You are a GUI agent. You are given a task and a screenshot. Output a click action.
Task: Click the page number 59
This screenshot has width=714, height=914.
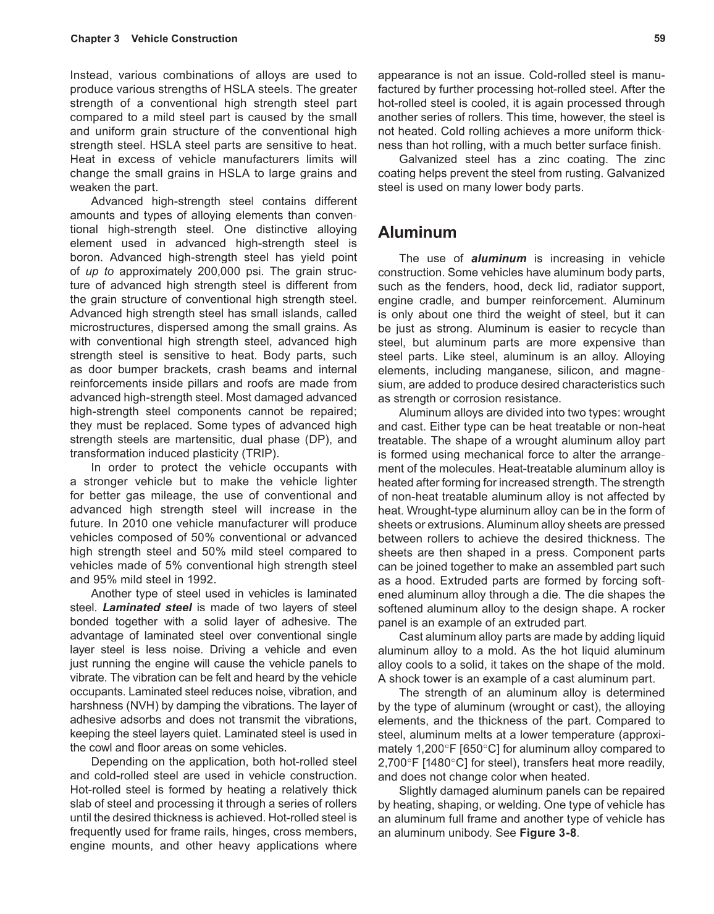pyautogui.click(x=659, y=38)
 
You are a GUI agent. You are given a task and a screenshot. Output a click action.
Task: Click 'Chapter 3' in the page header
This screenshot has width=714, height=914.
pyautogui.click(x=95, y=39)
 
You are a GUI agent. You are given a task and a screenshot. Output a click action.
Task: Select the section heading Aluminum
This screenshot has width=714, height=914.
pyautogui.click(x=417, y=233)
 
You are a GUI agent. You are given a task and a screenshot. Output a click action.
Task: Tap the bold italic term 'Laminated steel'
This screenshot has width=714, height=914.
pyautogui.click(x=147, y=607)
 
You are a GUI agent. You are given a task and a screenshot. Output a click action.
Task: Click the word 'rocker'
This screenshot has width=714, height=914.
pyautogui.click(x=647, y=609)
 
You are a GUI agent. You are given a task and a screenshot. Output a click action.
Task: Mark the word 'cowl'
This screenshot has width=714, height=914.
pyautogui.click(x=101, y=747)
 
